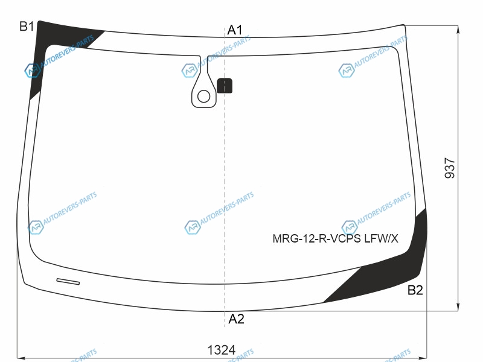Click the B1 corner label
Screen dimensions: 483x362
pyautogui.click(x=27, y=27)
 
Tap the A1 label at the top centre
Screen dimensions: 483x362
pyautogui.click(x=235, y=30)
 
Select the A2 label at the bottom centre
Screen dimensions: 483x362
pyautogui.click(x=236, y=319)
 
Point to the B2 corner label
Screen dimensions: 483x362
pyautogui.click(x=415, y=290)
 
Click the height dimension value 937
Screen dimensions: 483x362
pyautogui.click(x=450, y=168)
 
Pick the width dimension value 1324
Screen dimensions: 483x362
pyautogui.click(x=221, y=350)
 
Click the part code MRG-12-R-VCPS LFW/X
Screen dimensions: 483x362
pyautogui.click(x=335, y=238)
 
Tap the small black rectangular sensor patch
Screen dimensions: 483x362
pyautogui.click(x=225, y=86)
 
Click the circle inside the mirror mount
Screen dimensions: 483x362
pyautogui.click(x=203, y=97)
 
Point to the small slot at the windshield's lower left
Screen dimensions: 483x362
pyautogui.click(x=68, y=281)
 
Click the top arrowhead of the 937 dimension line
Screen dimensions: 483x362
pyautogui.click(x=458, y=29)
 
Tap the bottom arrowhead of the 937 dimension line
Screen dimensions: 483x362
pyautogui.click(x=458, y=307)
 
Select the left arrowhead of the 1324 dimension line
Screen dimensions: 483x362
pyautogui.click(x=21, y=358)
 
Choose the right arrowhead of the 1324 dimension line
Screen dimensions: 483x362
pyautogui.click(x=423, y=358)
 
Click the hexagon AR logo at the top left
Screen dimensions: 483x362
pyautogui.click(x=32, y=71)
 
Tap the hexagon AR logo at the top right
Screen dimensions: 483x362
pyautogui.click(x=346, y=71)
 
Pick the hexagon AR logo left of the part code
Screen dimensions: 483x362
pyautogui.click(x=350, y=227)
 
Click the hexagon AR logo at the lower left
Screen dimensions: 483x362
pyautogui.click(x=36, y=227)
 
